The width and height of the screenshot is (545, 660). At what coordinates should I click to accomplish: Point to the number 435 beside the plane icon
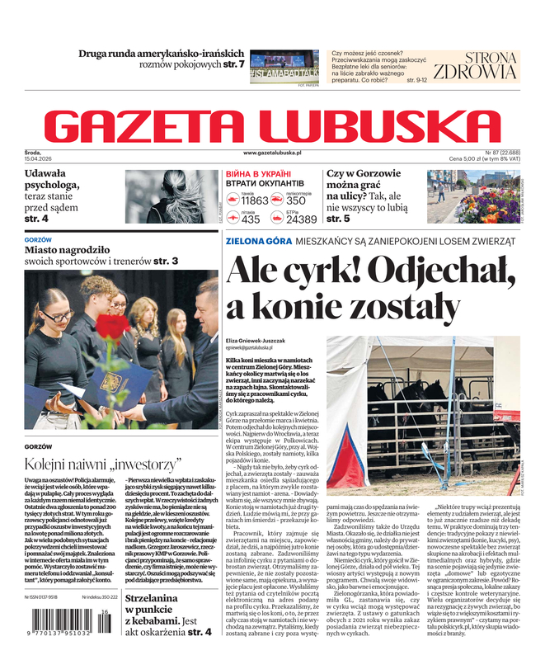pyautogui.click(x=251, y=219)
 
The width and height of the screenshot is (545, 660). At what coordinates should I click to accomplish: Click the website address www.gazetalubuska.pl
pyautogui.click(x=272, y=153)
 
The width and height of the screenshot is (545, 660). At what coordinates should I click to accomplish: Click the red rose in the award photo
pyautogui.click(x=113, y=328)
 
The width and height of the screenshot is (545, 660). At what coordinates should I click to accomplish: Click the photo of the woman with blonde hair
pyautogui.click(x=171, y=196)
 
